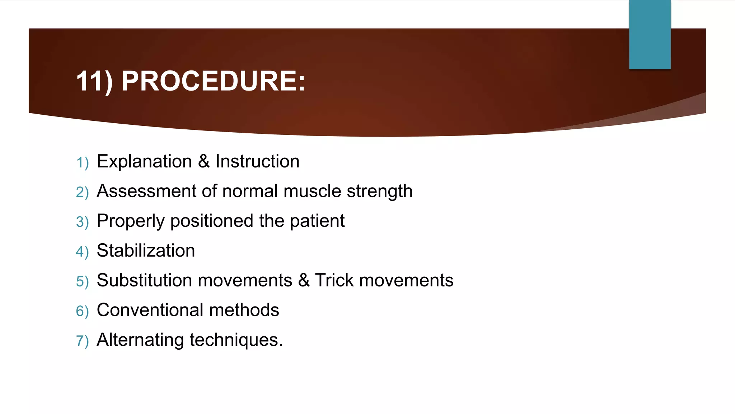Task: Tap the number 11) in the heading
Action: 94,82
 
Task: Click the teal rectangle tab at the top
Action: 650,34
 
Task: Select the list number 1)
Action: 82,163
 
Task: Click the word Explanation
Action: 144,162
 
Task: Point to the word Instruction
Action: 257,161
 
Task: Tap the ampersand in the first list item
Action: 203,161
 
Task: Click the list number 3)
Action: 82,222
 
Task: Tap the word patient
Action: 317,221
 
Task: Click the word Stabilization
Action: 146,251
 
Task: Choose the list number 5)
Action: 82,282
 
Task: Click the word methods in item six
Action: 244,310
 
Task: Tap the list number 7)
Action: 82,341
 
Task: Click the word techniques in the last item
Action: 235,340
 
